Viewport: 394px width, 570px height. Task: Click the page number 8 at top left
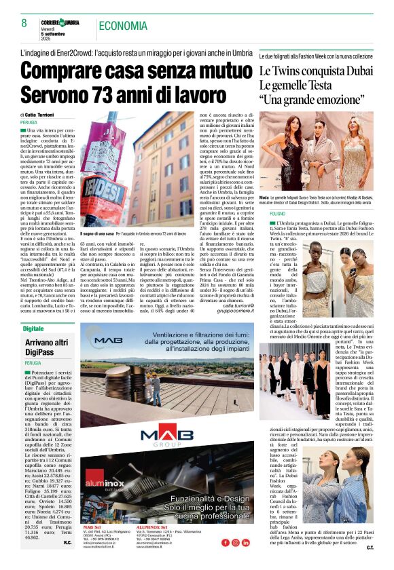coord(24,22)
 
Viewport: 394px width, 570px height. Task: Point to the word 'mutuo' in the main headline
coord(219,70)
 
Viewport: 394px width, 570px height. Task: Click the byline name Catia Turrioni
coord(47,115)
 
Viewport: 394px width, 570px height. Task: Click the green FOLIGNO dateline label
coord(278,214)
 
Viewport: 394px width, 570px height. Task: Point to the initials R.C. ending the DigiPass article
coord(68,543)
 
